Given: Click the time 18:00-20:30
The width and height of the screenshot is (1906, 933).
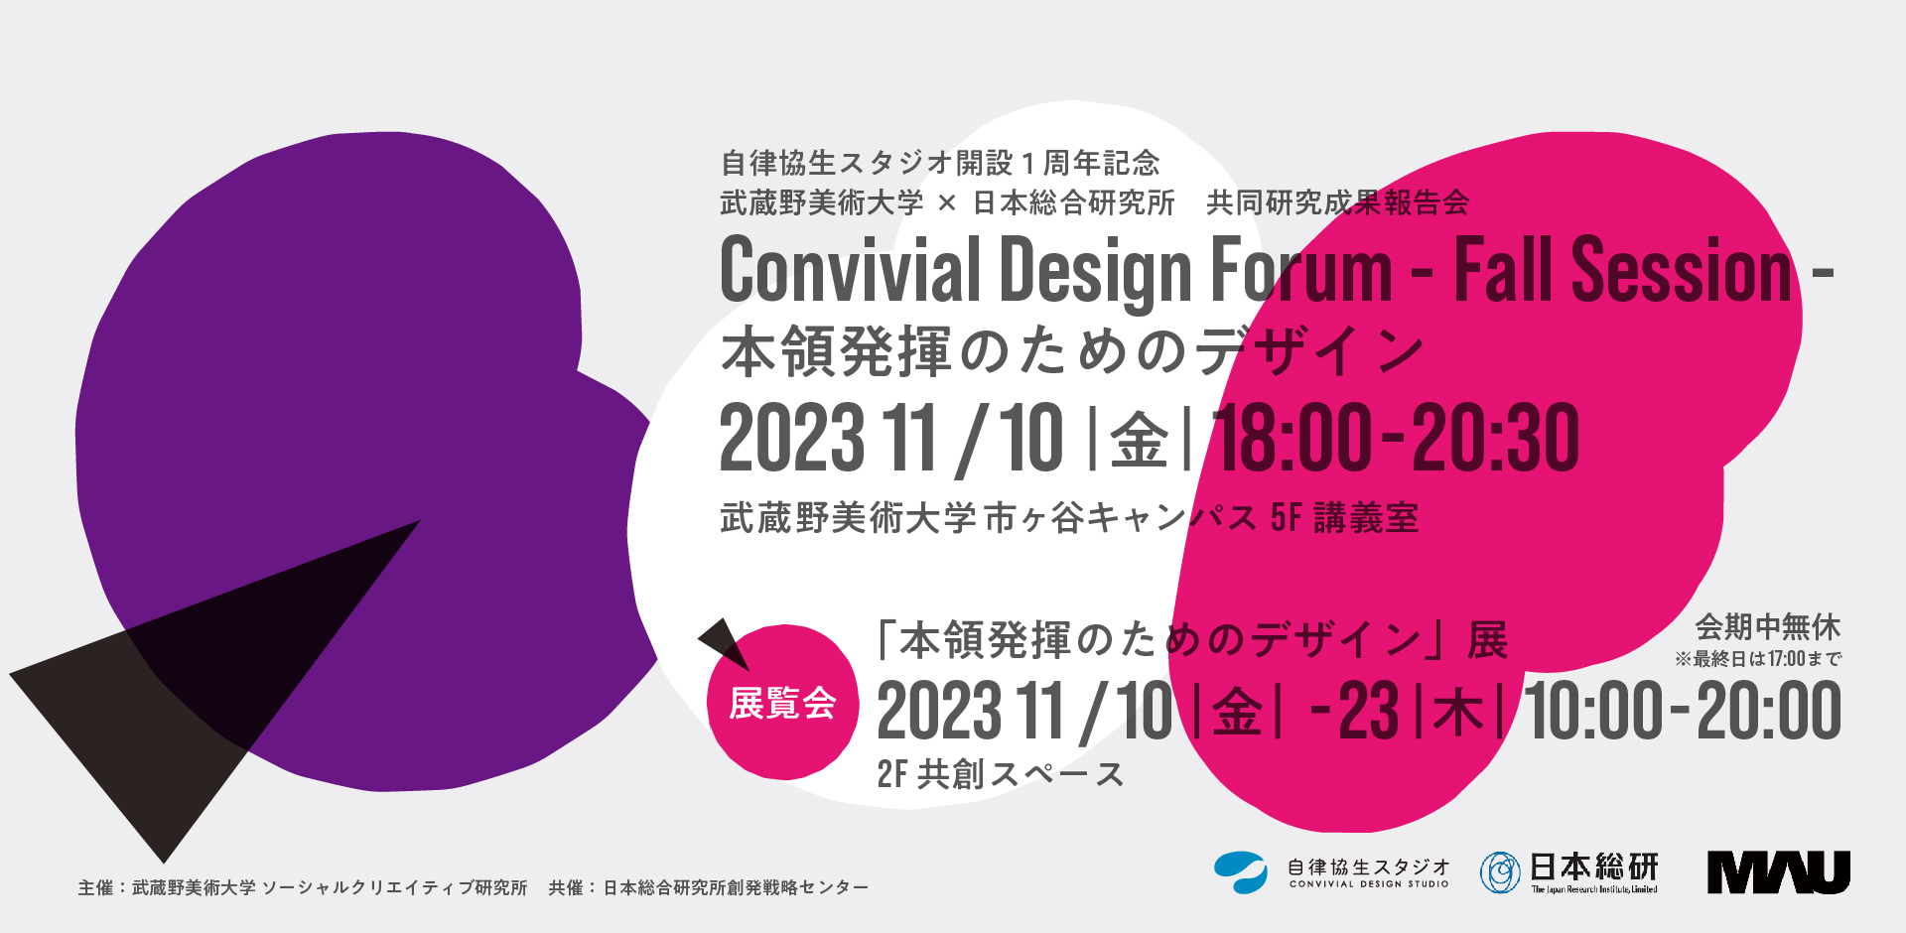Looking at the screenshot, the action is click(1396, 438).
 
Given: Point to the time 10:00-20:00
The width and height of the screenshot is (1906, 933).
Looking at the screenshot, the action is click(1683, 711).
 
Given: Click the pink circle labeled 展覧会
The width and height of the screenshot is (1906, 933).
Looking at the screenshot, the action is click(783, 702).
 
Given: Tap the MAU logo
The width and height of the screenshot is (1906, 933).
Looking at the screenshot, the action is click(1779, 872).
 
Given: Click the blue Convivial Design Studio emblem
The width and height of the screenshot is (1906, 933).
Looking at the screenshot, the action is click(1240, 872).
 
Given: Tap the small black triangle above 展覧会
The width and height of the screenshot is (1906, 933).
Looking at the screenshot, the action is click(724, 643).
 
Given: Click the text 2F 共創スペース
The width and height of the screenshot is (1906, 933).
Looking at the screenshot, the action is click(1000, 774).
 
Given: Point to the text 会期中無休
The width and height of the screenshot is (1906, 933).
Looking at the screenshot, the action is click(1768, 627).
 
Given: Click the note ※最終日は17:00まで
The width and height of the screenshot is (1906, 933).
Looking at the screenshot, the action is click(1758, 658).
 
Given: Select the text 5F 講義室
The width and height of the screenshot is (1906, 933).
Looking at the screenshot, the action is click(1345, 517).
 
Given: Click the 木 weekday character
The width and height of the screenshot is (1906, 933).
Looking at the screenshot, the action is click(1458, 713).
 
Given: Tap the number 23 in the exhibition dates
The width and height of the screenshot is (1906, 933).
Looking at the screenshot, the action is click(1369, 711).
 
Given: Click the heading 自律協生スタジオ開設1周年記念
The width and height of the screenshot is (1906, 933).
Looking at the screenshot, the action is click(940, 162).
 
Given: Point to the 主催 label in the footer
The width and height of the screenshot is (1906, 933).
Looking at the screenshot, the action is click(95, 887).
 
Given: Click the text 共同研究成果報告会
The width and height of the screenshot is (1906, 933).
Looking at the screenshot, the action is click(1337, 202).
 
